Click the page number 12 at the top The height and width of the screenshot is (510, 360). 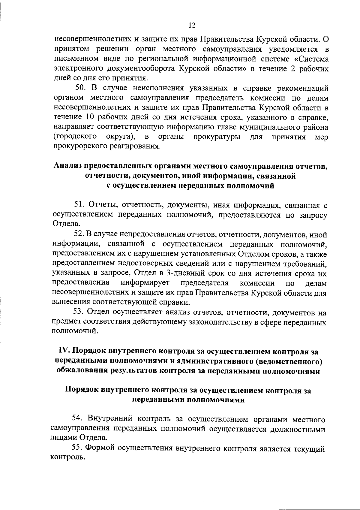coord(192,26)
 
